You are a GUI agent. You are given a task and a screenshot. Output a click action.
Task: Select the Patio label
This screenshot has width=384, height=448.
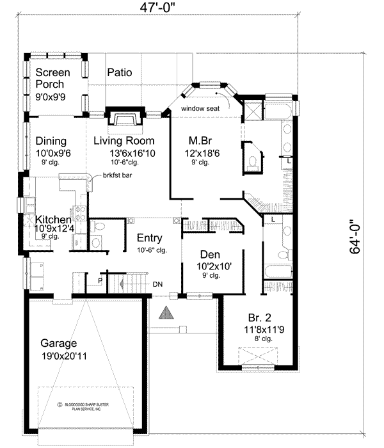119,72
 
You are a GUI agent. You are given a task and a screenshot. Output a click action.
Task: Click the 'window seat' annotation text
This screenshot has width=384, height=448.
200,109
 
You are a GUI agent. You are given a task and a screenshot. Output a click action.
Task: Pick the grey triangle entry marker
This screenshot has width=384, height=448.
167,313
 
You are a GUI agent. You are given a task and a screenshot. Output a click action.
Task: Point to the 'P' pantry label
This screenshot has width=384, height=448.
99,280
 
